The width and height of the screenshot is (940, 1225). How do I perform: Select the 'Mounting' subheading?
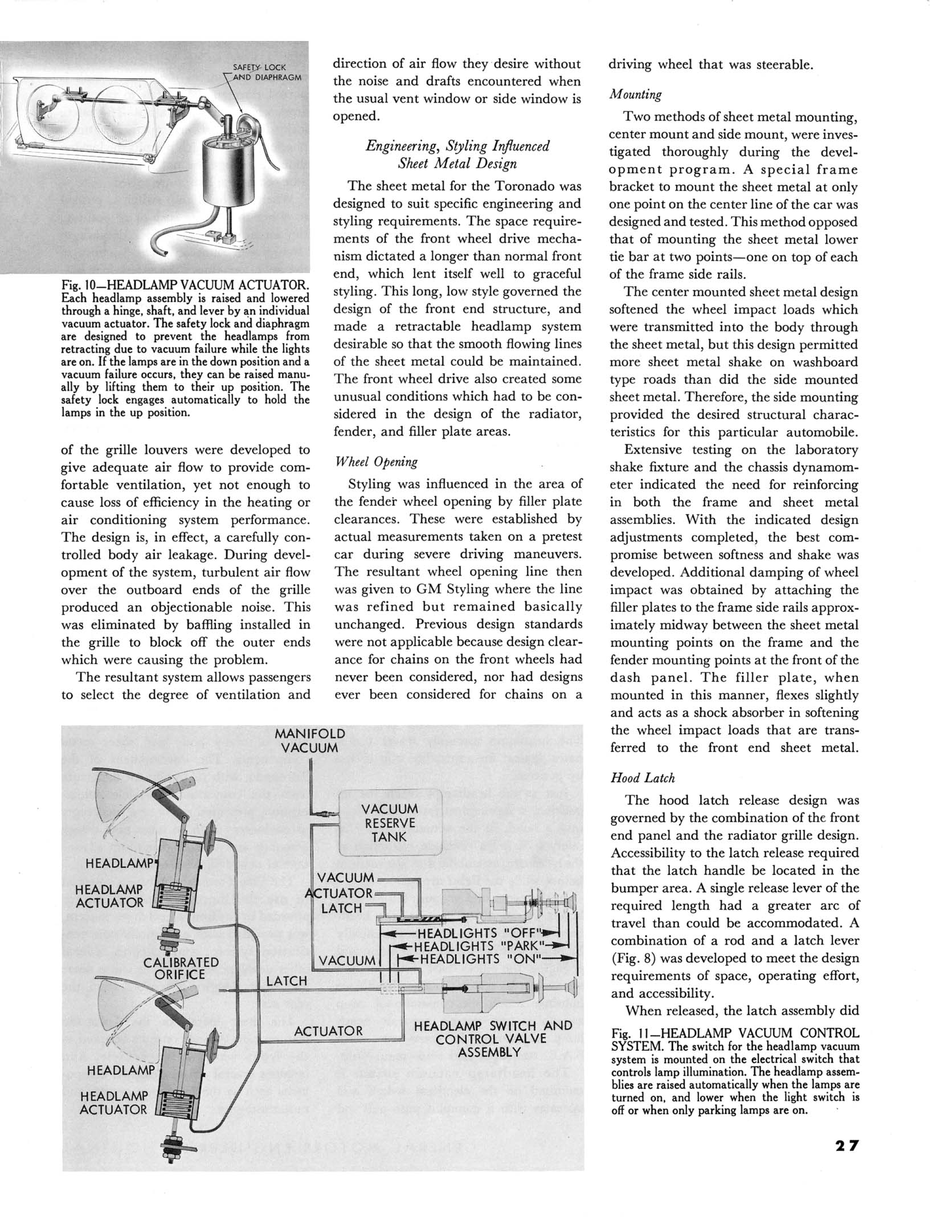635,94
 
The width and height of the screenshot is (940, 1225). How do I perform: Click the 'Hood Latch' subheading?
642,778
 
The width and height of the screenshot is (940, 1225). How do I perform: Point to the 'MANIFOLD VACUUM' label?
309,740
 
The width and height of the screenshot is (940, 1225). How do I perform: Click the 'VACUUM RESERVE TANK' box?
390,823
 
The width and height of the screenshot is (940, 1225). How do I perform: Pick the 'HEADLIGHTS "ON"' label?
479,959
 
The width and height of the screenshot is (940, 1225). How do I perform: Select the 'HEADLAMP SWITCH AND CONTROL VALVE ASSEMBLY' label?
493,1039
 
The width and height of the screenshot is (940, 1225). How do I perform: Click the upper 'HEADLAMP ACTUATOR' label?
109,896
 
